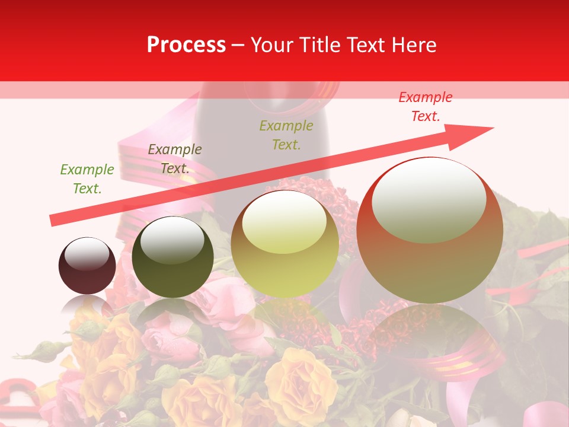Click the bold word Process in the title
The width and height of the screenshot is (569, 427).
(186, 45)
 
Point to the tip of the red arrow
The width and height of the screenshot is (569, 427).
(493, 128)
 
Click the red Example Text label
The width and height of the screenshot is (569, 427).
(425, 107)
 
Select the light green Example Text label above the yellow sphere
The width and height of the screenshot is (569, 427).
(286, 135)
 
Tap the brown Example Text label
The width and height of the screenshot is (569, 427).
(175, 159)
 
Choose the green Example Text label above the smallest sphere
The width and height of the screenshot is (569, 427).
(87, 179)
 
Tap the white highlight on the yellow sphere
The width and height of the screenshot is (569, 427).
(284, 222)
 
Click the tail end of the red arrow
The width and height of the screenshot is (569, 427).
(52, 221)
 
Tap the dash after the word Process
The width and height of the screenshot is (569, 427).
(238, 45)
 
